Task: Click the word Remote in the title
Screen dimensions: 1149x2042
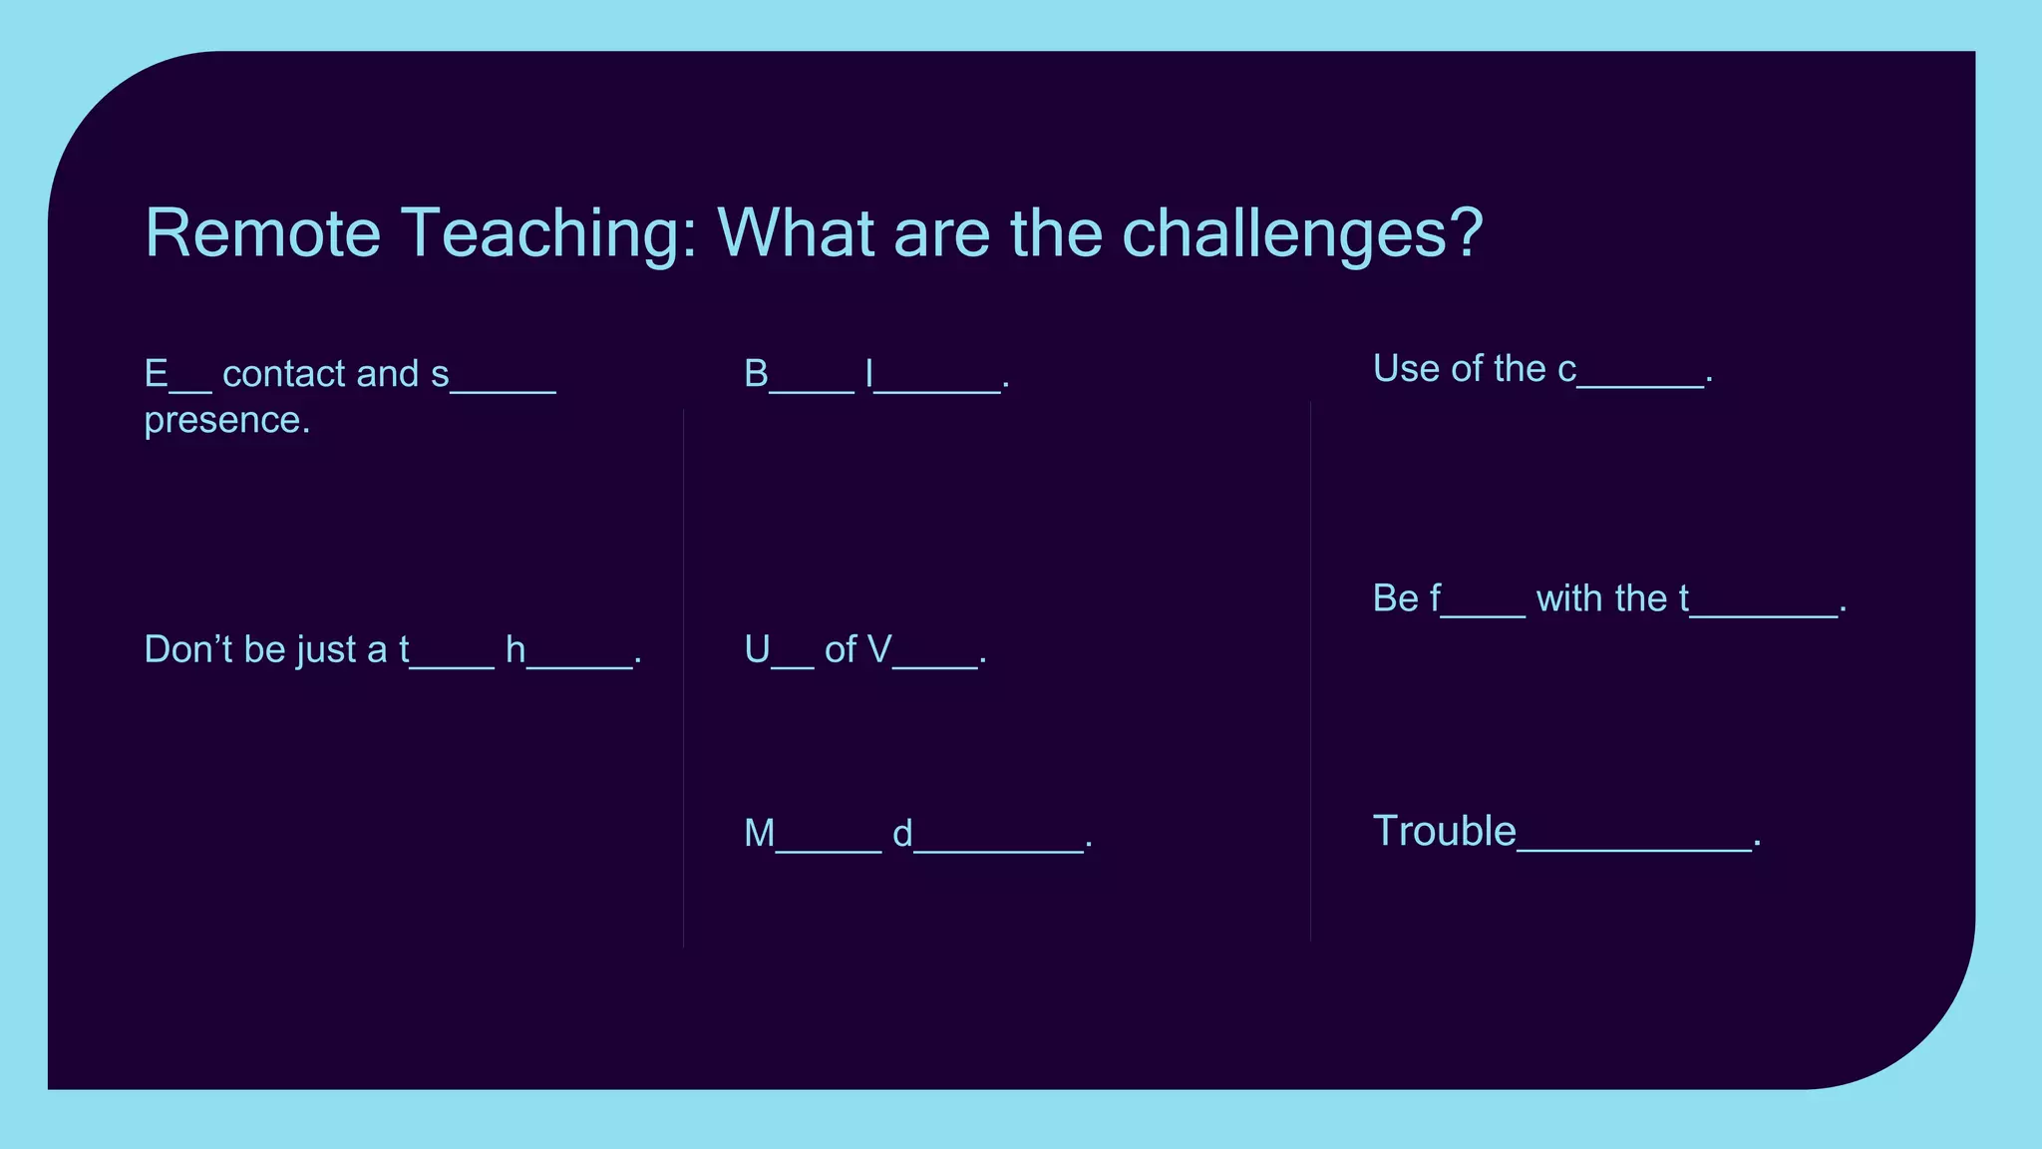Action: point(263,233)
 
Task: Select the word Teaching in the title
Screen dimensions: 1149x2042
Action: point(548,235)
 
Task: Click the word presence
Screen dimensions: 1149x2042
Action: point(226,421)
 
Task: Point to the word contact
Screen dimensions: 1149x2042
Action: point(284,374)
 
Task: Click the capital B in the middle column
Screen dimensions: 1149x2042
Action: point(756,374)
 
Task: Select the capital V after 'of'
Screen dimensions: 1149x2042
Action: point(878,650)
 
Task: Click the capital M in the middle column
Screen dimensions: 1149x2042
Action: point(759,834)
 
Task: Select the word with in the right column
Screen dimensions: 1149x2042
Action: point(1569,598)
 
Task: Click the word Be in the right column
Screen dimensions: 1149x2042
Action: point(1395,598)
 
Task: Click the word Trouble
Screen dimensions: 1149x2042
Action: point(1444,831)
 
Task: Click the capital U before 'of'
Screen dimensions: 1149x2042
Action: point(757,650)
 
